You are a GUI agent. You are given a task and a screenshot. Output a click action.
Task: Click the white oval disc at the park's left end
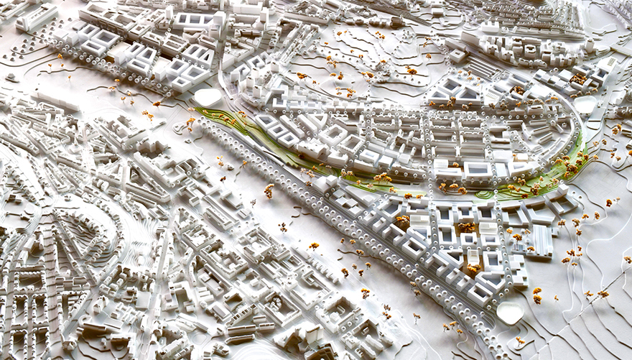[208, 96]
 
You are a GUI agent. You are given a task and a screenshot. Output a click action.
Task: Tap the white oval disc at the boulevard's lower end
[509, 312]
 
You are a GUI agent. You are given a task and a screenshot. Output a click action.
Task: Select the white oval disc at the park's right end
[585, 105]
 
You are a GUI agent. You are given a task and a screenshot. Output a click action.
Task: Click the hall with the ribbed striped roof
[539, 241]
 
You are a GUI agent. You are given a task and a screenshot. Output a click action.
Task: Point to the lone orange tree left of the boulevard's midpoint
[269, 190]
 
